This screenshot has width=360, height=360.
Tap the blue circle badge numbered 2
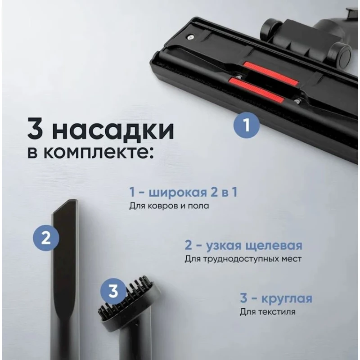point(45,238)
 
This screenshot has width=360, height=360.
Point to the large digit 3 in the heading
point(38,129)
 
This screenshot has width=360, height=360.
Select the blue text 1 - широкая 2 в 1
point(183,193)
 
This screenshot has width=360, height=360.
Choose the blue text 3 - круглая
point(275,299)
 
